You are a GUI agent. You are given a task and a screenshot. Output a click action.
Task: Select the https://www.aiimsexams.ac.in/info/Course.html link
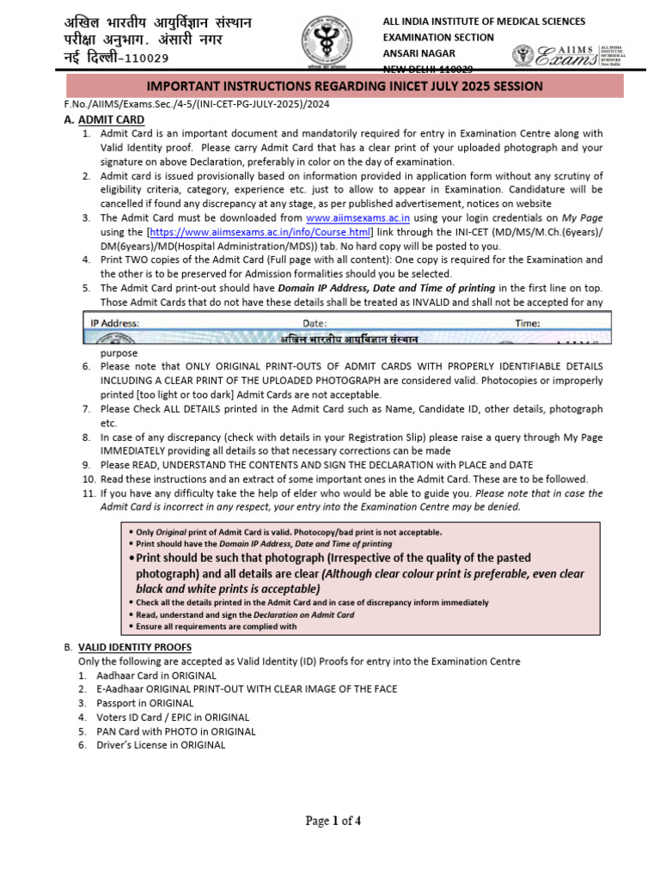click(261, 232)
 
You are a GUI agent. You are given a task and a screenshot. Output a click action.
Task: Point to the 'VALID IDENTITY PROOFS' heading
click(135, 646)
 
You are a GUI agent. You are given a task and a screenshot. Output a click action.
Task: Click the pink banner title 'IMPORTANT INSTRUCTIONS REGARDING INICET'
click(344, 86)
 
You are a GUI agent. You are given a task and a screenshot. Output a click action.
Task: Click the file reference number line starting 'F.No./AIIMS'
click(198, 104)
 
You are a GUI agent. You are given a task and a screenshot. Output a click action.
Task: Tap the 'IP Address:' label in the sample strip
click(115, 324)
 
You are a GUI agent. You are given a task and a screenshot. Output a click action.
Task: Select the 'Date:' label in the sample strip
click(314, 324)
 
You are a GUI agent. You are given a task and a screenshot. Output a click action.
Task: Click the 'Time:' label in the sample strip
click(527, 324)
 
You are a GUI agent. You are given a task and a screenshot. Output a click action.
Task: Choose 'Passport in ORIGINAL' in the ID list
click(144, 703)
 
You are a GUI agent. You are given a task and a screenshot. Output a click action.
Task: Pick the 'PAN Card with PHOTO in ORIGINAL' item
click(176, 731)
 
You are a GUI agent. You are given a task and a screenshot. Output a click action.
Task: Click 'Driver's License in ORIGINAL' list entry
click(161, 745)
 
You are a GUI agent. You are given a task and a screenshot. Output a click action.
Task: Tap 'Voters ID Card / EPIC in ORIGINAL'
click(173, 717)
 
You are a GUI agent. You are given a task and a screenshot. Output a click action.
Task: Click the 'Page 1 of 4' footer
click(333, 821)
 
